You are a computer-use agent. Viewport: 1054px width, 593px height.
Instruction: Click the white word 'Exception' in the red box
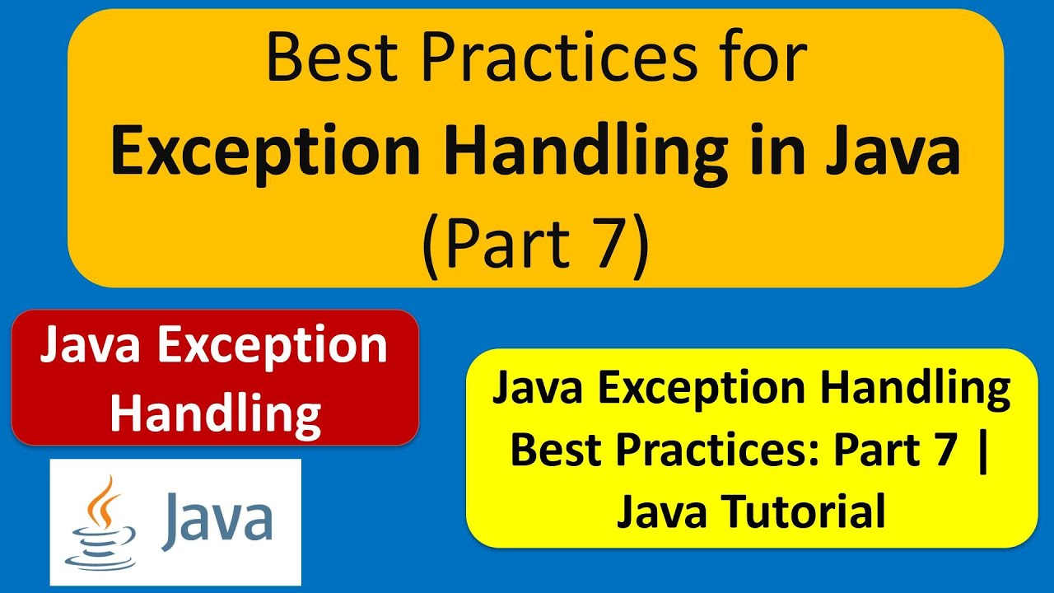coord(273,347)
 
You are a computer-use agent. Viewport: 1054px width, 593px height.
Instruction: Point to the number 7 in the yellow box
coord(947,451)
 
